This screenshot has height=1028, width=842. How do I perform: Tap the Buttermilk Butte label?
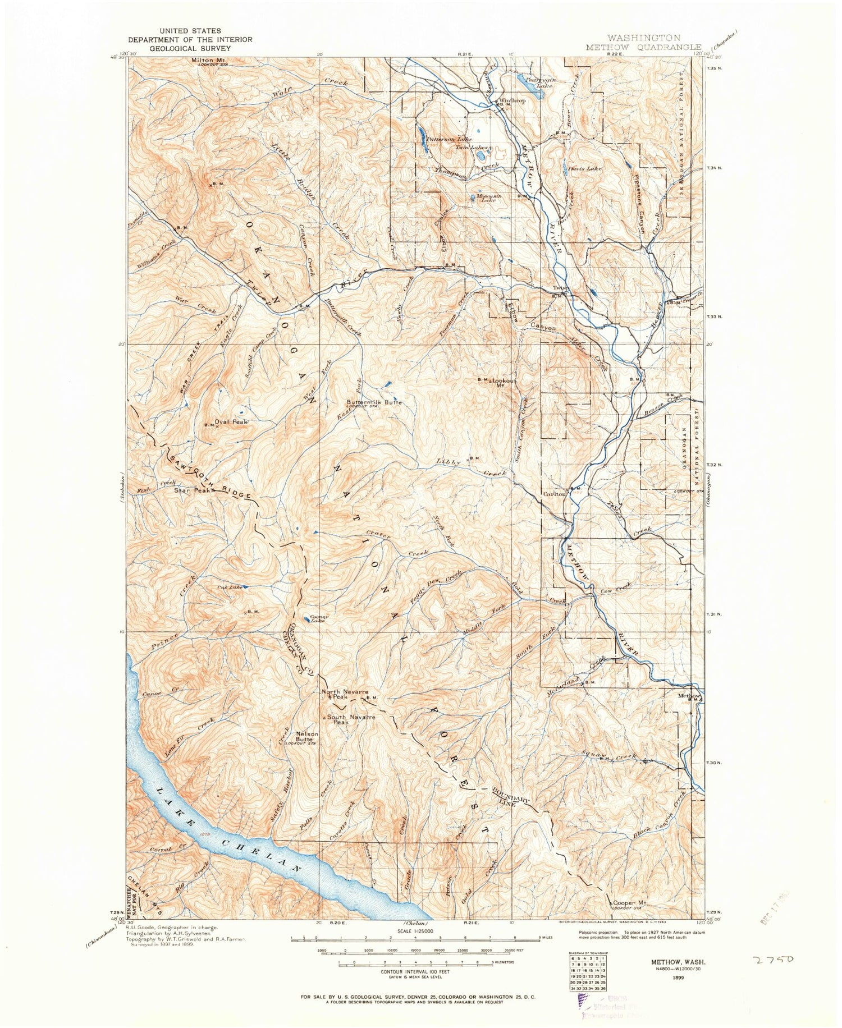pyautogui.click(x=374, y=402)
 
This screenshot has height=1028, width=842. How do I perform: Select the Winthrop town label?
pyautogui.click(x=511, y=101)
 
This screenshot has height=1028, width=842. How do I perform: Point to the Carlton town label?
pyautogui.click(x=555, y=494)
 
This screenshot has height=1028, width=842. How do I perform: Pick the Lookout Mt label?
pyautogui.click(x=505, y=382)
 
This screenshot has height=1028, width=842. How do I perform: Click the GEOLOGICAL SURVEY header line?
pyautogui.click(x=190, y=48)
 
